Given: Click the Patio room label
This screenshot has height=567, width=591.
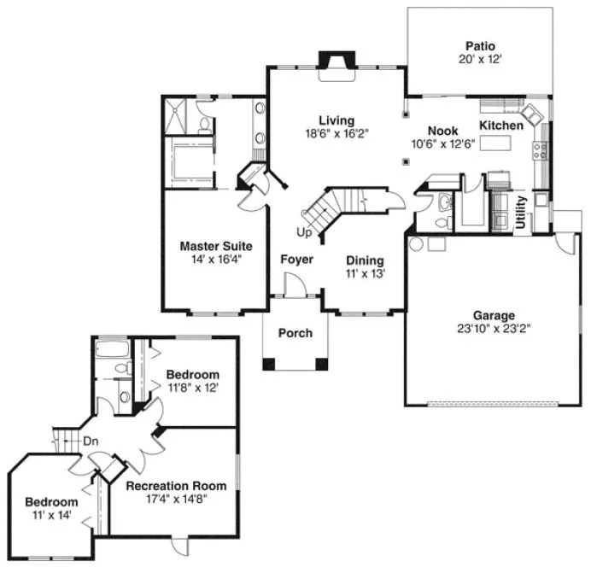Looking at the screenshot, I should (480, 45).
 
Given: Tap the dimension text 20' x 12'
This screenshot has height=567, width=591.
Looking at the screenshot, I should (480, 60).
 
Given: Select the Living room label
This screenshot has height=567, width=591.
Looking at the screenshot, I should (336, 120).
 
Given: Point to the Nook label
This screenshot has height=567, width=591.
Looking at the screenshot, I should (442, 130).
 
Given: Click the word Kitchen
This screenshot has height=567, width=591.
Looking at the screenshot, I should (501, 126).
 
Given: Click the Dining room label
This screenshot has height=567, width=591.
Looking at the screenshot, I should (365, 260).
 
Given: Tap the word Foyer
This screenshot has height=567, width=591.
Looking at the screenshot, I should (295, 259).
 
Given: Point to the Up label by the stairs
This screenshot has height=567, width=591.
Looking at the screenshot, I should (303, 231).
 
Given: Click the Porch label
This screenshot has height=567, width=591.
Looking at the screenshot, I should (295, 333).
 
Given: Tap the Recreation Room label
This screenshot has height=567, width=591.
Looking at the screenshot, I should (174, 486).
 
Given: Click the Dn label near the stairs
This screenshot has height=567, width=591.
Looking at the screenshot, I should (91, 441).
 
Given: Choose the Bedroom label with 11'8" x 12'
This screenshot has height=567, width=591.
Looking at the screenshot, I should (192, 374).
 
